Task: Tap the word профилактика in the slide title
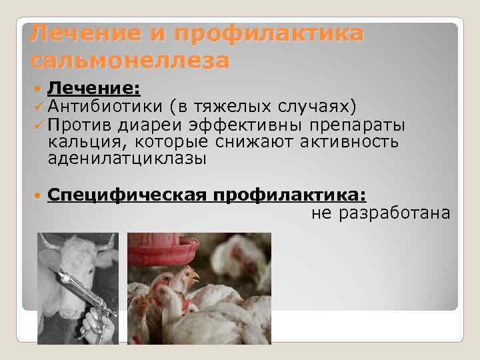(x=269, y=33)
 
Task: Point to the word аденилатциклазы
(x=127, y=159)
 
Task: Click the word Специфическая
(x=127, y=194)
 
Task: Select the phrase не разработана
(x=381, y=213)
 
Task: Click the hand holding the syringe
(x=98, y=327)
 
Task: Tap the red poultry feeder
(x=163, y=251)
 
